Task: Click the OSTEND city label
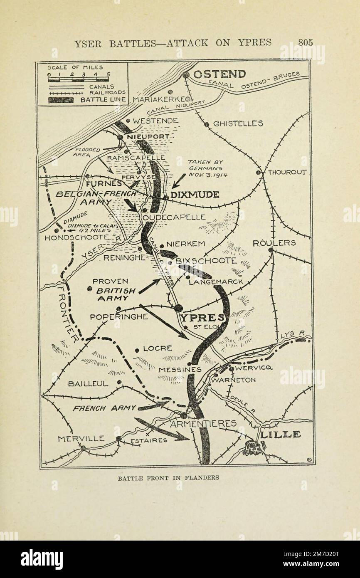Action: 219,74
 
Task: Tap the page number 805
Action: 305,42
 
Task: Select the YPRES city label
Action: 203,318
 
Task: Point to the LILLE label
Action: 280,435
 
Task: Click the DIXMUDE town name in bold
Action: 195,195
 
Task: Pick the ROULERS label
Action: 274,243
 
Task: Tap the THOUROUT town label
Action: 287,172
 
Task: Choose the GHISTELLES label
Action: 238,124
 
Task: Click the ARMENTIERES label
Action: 203,424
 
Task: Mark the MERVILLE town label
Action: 81,439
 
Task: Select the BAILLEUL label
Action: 88,383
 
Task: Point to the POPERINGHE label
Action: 119,317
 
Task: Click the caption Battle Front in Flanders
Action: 168,478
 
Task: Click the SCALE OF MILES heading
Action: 75,67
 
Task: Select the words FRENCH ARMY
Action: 104,408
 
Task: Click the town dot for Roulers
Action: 271,250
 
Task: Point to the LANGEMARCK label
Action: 216,282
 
